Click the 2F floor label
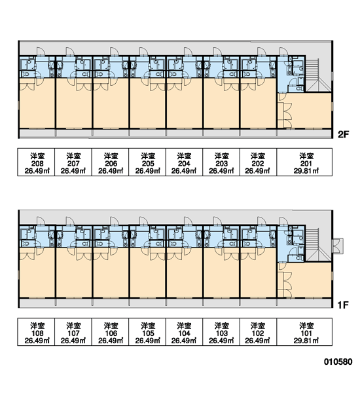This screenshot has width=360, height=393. point(343,134)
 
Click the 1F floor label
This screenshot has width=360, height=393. point(343,305)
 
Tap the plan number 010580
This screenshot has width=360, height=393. point(338,362)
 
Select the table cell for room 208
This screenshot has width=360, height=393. point(36,162)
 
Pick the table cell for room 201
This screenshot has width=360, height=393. point(304,162)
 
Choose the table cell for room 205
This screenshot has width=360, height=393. point(147,162)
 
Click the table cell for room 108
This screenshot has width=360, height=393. point(36,332)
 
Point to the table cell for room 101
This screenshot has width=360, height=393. point(304,332)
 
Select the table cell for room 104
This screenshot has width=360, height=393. point(184,332)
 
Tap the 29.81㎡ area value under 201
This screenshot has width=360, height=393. point(306,171)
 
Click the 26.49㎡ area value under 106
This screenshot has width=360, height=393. point(111,341)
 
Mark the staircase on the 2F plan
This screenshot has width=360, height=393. point(318,75)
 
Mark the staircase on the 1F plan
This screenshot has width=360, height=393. point(318,244)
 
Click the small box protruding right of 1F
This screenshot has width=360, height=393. point(338,246)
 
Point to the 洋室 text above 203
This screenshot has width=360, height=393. point(221,156)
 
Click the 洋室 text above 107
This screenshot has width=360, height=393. point(73,326)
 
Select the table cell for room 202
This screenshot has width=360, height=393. point(259,162)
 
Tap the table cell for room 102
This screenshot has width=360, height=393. point(259,332)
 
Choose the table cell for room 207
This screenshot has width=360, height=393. point(73,162)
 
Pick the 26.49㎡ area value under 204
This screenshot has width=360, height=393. point(184,171)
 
